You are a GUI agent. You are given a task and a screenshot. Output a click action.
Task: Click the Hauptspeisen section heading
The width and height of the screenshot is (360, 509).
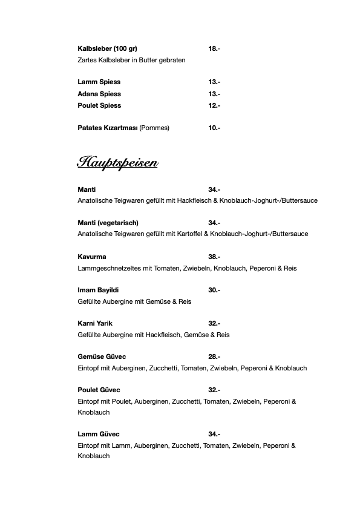pos(117,163)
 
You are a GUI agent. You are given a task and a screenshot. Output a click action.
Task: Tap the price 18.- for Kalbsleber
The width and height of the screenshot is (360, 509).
pos(214,48)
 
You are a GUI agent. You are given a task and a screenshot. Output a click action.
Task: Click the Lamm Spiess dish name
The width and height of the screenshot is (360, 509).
pos(99,82)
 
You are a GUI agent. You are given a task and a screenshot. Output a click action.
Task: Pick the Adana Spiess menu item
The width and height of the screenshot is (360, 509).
pos(99,94)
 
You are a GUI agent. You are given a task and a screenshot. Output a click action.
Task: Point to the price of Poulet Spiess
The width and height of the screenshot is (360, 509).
pos(214,105)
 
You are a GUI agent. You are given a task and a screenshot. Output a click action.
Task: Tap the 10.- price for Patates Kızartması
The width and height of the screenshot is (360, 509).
pos(214,128)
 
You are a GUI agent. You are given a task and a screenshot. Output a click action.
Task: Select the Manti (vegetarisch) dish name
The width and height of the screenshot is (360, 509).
pos(108,223)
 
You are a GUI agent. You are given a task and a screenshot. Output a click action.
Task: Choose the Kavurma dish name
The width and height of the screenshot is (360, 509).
pos(92,257)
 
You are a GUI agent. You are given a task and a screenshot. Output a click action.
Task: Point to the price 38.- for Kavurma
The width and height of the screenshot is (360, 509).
pos(214,257)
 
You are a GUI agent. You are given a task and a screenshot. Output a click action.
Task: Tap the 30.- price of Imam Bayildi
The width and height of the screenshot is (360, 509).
pos(214,290)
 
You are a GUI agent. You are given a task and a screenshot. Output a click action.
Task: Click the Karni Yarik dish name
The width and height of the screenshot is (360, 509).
pos(95,323)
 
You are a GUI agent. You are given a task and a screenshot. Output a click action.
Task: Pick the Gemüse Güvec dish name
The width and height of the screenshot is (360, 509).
pos(102,356)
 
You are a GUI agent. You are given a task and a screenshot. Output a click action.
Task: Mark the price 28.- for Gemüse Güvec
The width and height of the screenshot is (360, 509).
pos(214,356)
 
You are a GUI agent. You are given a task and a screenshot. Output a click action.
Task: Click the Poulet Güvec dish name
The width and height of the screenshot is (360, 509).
pos(100,390)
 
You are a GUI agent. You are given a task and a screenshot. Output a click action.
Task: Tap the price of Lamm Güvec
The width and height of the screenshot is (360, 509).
pos(214,434)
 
